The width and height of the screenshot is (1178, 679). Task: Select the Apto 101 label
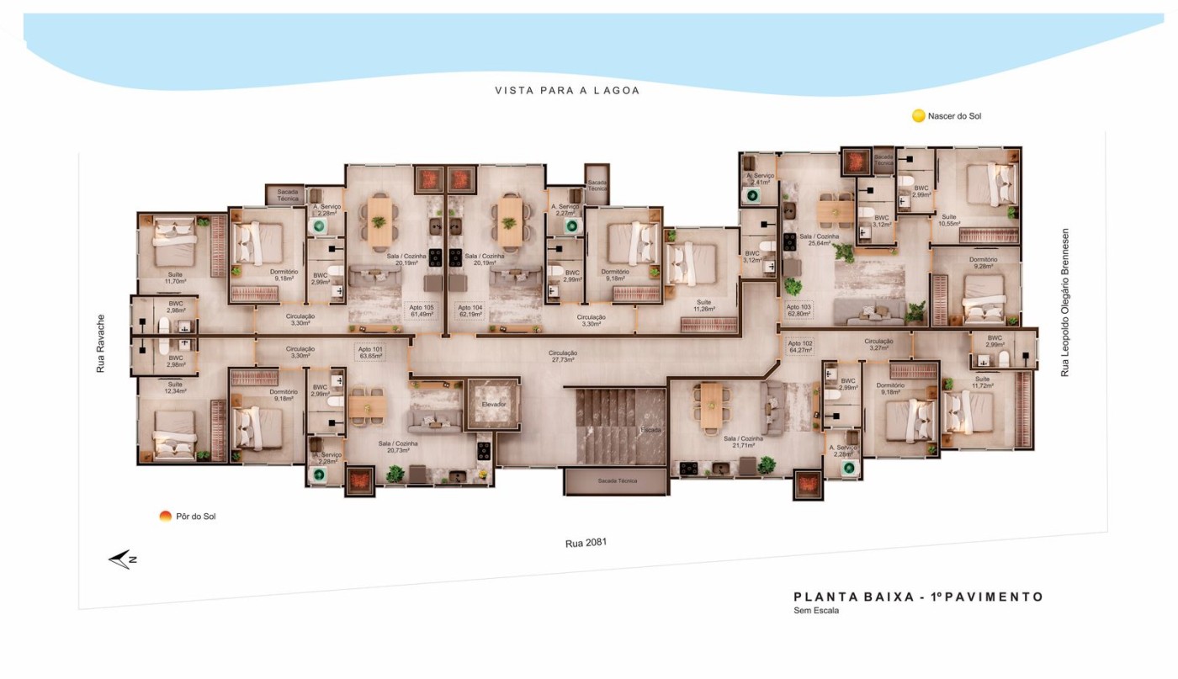(370, 353)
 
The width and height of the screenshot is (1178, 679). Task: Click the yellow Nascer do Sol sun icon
(918, 116)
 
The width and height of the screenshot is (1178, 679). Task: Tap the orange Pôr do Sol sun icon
(166, 516)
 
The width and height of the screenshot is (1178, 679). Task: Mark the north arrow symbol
(123, 560)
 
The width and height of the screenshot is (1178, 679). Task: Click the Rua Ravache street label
(100, 344)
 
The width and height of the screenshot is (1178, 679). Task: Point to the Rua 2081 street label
(586, 544)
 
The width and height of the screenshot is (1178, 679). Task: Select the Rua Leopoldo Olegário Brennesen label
(1064, 302)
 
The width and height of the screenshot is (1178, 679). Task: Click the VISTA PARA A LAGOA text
(566, 90)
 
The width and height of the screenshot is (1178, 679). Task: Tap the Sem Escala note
(816, 611)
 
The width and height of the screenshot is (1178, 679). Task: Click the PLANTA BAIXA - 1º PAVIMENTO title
(918, 597)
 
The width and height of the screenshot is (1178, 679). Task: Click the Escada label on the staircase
(650, 430)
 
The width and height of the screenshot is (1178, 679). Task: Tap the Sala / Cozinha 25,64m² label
(820, 241)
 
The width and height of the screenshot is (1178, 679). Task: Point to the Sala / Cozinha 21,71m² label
(742, 443)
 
